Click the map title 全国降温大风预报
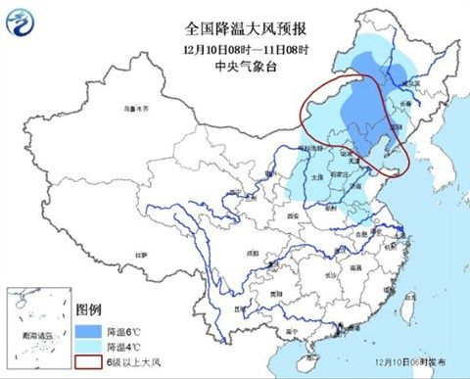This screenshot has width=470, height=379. click(234, 32)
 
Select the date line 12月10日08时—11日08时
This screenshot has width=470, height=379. click(234, 50)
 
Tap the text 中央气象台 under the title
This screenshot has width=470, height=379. click(234, 67)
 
